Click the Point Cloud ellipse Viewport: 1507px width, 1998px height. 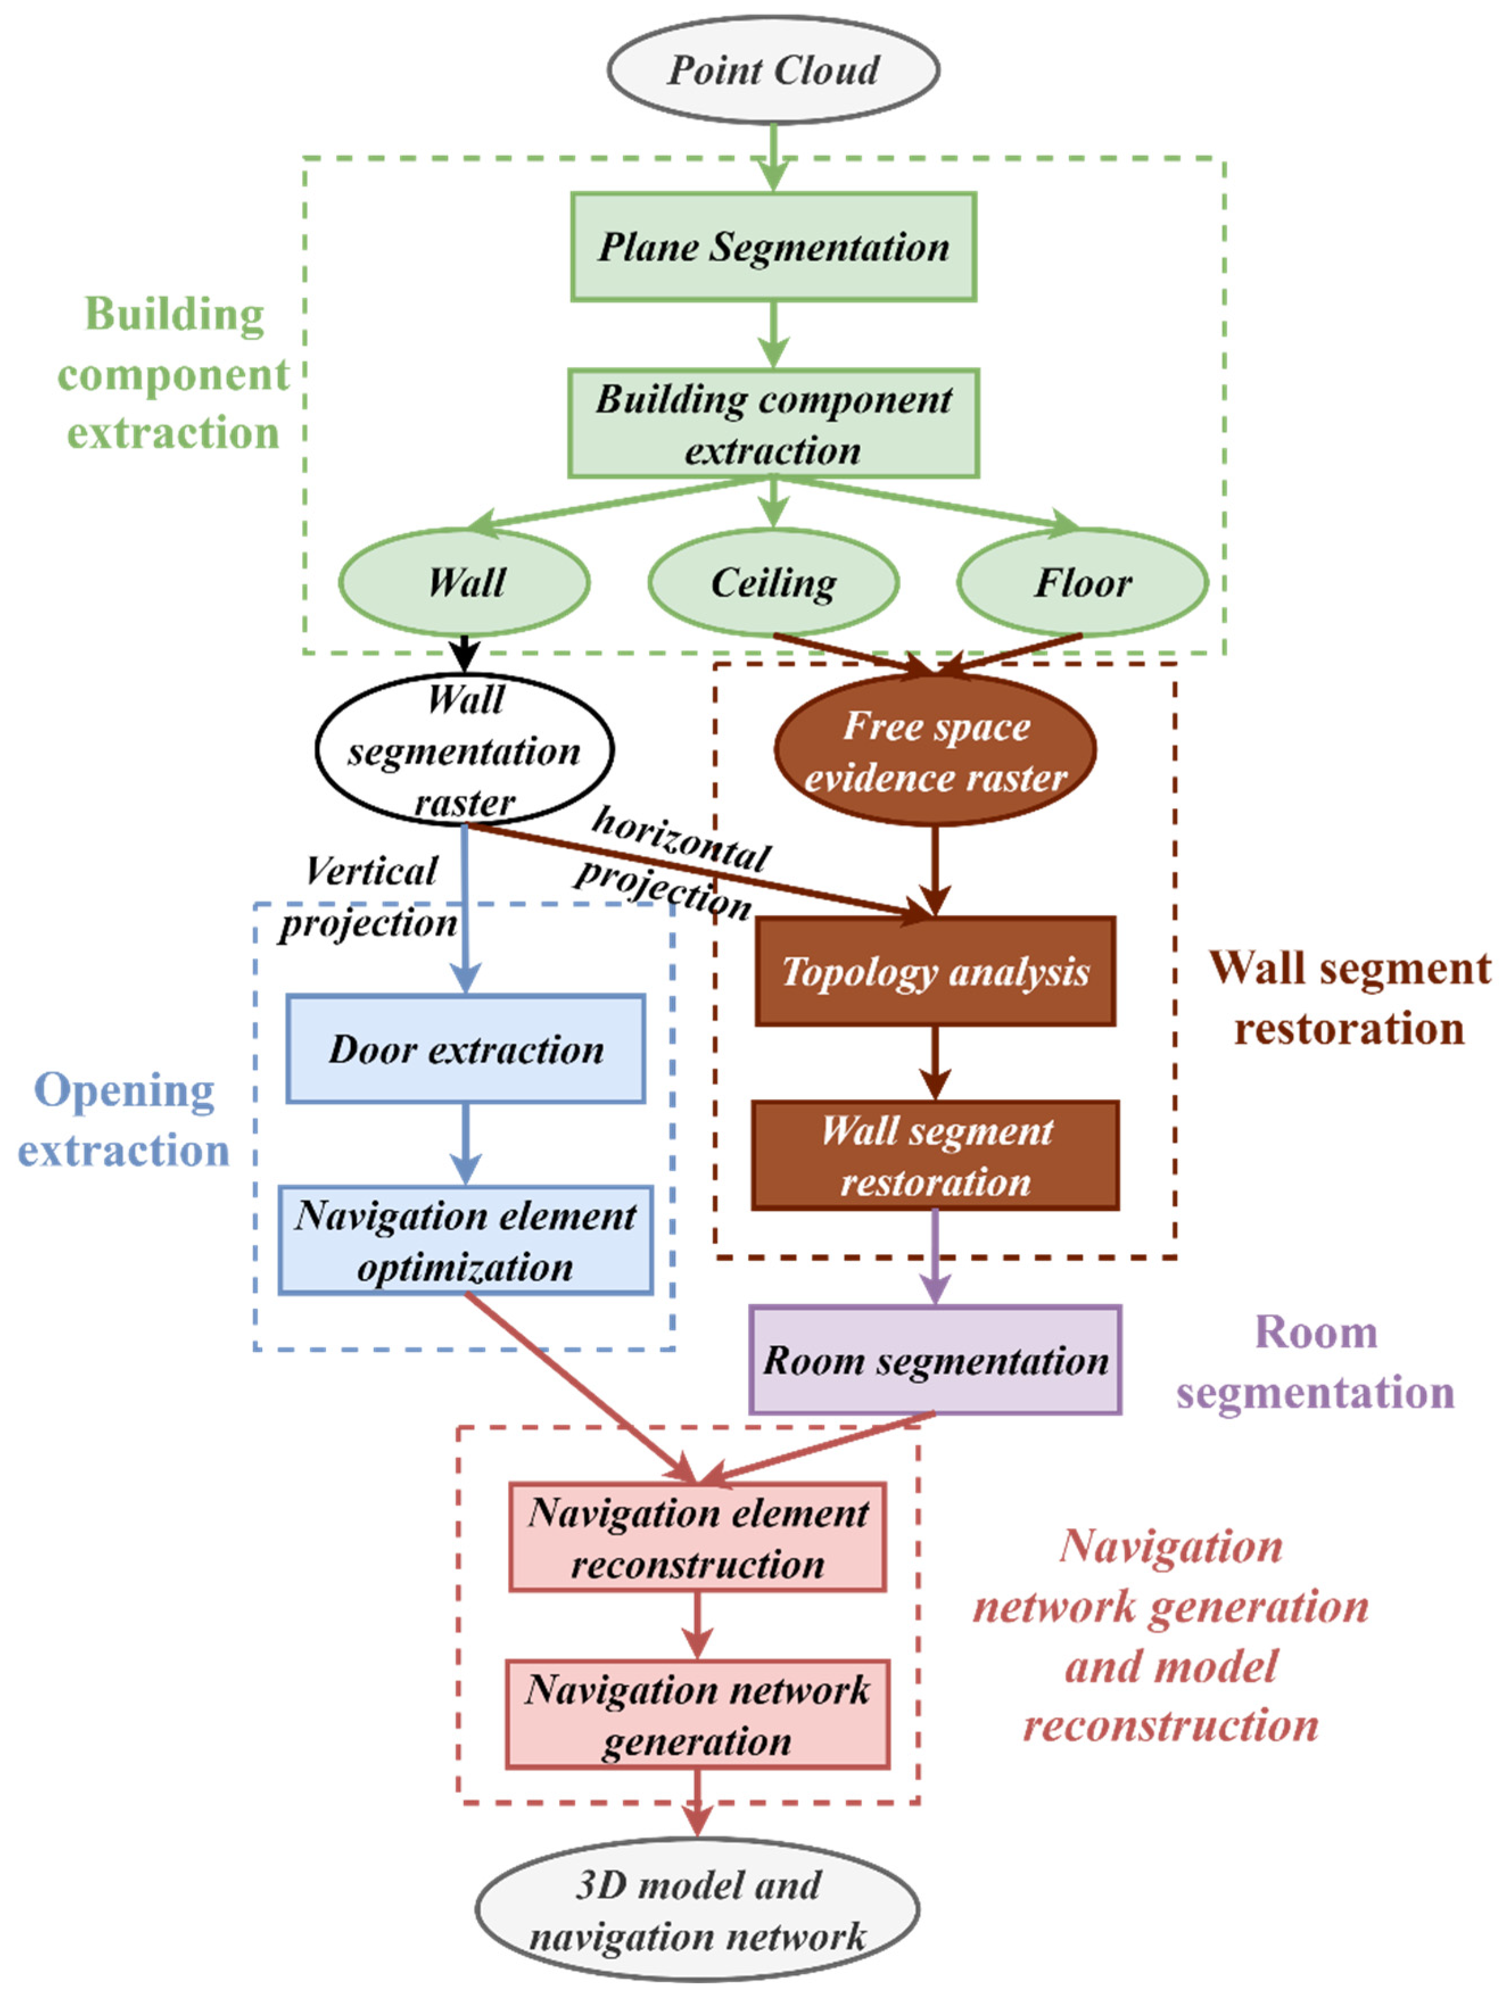click(773, 69)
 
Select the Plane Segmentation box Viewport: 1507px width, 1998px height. click(773, 247)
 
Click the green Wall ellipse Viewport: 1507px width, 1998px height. click(464, 582)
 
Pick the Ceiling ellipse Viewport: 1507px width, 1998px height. click(773, 582)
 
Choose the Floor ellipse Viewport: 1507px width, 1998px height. click(1081, 582)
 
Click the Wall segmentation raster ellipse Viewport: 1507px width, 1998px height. click(464, 750)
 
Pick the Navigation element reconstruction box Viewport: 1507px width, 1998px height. click(696, 1537)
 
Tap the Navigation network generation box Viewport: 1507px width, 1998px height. click(696, 1714)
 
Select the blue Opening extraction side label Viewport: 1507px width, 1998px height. click(124, 1120)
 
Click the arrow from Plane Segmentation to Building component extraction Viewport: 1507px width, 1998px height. click(773, 334)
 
